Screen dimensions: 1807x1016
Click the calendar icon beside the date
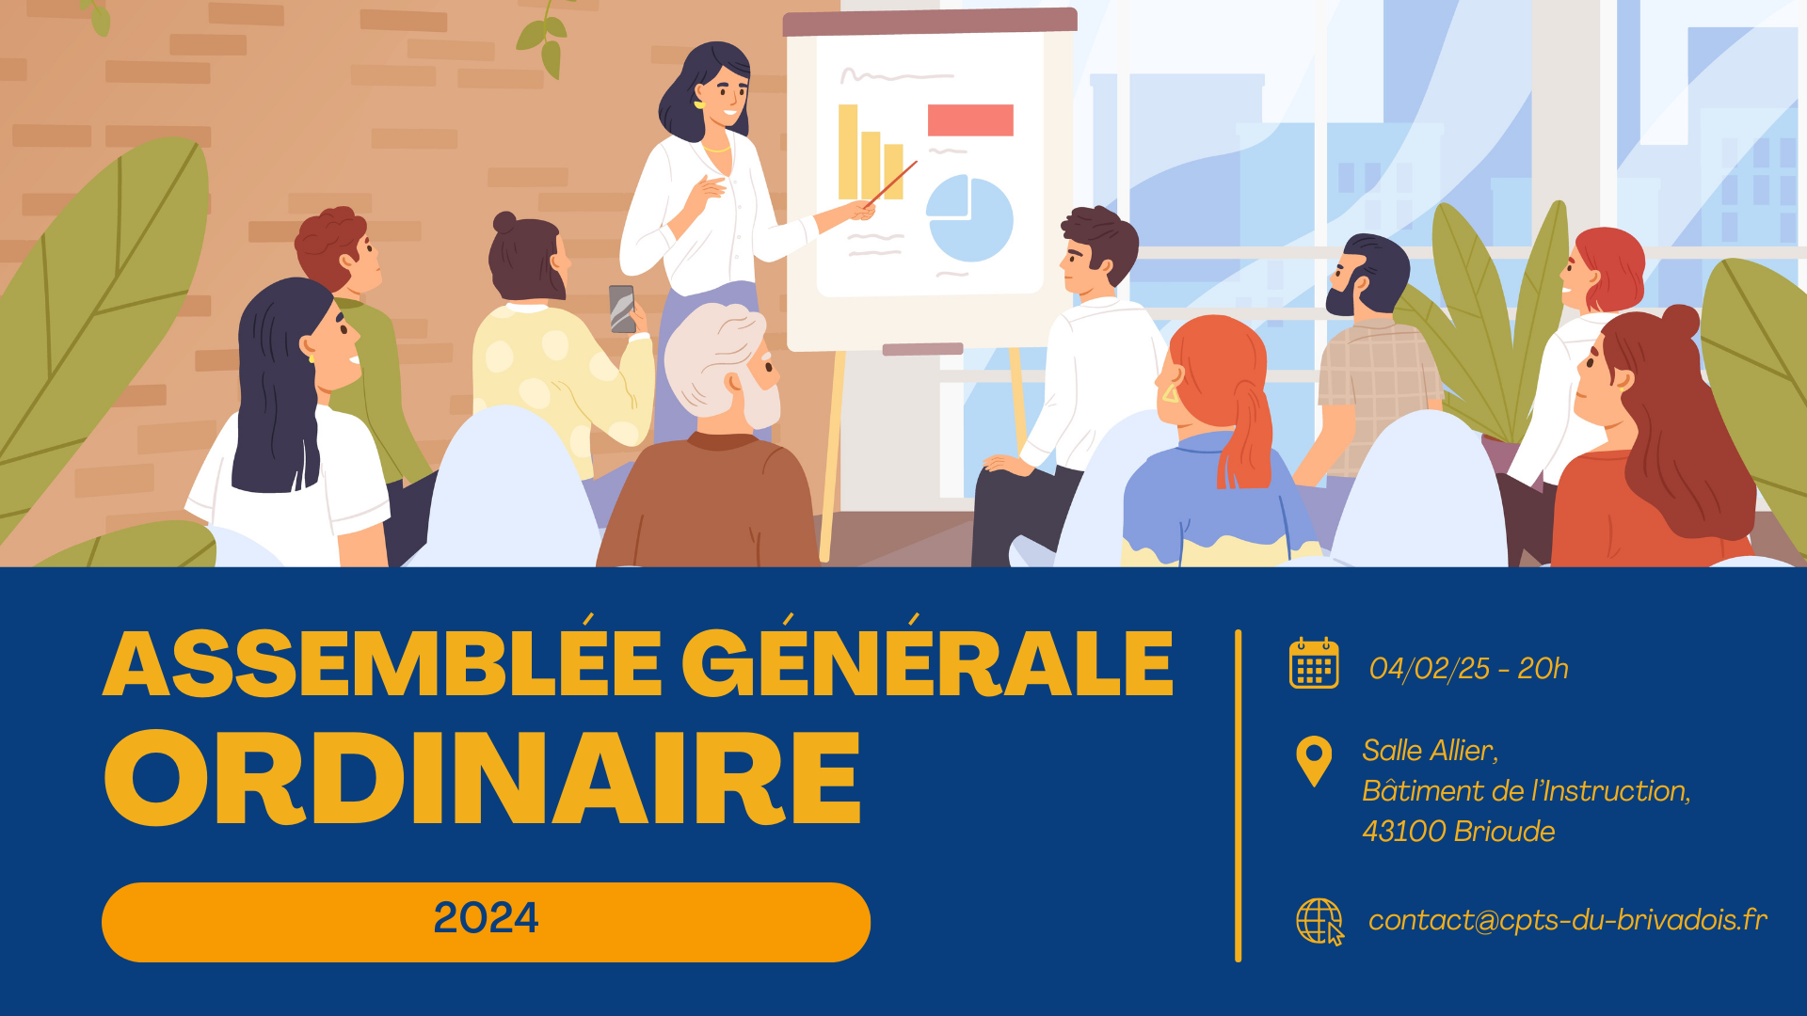tap(1314, 663)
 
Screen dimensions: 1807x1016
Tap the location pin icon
tap(1314, 758)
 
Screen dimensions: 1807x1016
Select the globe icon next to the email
tap(1320, 921)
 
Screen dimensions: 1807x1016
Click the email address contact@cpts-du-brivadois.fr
tap(1568, 919)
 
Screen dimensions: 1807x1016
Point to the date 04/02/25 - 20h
tap(1469, 668)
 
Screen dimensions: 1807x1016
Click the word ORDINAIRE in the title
tap(483, 778)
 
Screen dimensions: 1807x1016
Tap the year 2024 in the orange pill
tap(486, 918)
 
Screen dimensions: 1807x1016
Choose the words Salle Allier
tap(1430, 751)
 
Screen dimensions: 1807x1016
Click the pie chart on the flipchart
tap(969, 218)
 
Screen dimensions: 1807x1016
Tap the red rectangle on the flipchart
tap(970, 120)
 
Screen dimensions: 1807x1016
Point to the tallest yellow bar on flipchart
tap(848, 151)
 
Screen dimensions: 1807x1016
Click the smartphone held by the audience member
tap(622, 309)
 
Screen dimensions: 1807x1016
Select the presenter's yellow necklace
tap(717, 148)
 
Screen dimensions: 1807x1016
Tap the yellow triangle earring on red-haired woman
tap(1171, 392)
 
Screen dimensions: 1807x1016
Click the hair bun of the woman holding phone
tap(505, 223)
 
